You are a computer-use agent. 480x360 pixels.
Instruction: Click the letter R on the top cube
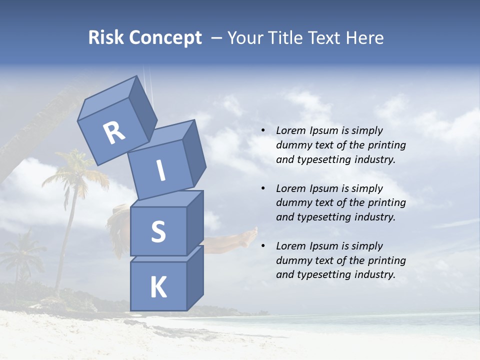click(114, 133)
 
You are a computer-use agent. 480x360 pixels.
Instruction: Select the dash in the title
click(217, 38)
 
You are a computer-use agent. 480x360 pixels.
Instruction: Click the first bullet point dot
click(263, 131)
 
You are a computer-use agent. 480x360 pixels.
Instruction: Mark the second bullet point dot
click(263, 189)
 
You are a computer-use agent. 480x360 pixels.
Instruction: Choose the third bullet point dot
click(263, 246)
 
